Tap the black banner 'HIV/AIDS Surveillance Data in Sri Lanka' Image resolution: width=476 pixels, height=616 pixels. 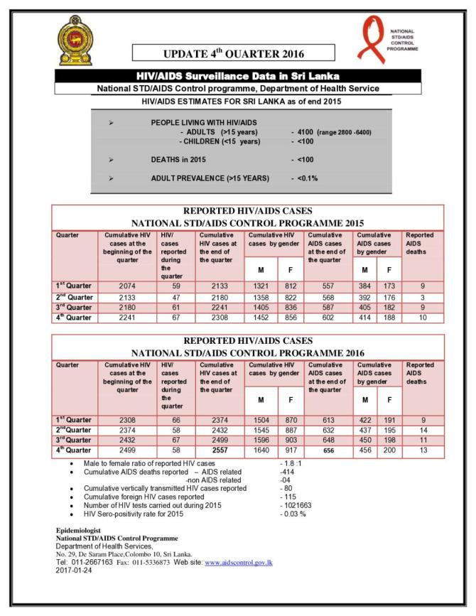(x=237, y=75)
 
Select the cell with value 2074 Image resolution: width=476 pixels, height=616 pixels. (x=127, y=286)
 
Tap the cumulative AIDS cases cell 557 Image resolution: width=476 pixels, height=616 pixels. (x=328, y=286)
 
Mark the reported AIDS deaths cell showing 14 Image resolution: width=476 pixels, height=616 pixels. (x=423, y=430)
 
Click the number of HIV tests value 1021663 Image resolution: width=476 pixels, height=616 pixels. (x=301, y=505)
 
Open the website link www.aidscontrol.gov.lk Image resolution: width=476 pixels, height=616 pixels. (x=239, y=562)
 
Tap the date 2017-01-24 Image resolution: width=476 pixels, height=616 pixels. (x=75, y=570)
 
